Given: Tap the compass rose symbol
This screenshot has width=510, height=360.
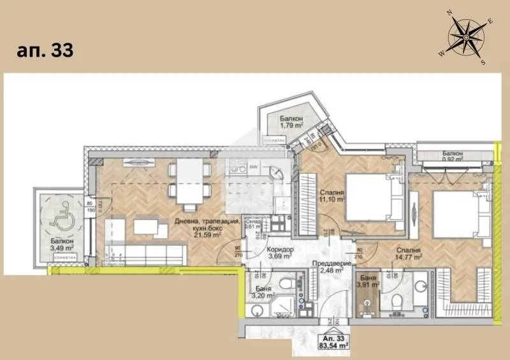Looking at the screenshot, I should pos(465,38).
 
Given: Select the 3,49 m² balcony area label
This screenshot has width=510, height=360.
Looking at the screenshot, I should pos(63,245).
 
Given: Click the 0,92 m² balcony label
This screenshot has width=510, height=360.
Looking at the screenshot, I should pos(453,157).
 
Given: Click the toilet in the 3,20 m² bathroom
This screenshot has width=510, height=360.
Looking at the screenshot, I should pos(288,282).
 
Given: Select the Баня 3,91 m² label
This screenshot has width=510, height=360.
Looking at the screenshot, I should pos(367,282).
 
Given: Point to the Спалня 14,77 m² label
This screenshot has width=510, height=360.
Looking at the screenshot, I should pos(409,254).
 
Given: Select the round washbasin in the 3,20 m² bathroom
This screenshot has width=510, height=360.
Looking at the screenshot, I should pos(257,310).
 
